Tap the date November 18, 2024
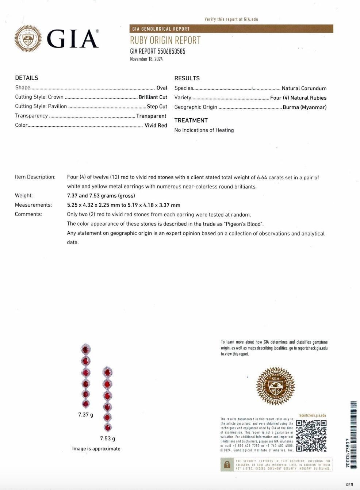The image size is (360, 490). (146, 59)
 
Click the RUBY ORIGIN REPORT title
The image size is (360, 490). (165, 40)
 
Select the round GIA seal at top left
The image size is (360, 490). (28, 39)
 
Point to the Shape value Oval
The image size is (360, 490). (162, 88)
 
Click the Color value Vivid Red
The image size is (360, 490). (156, 125)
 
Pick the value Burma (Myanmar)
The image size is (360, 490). (305, 107)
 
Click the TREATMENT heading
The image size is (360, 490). (191, 120)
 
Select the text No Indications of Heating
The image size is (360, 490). (204, 130)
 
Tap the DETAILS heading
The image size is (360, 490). (27, 78)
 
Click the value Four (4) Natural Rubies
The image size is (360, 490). (298, 98)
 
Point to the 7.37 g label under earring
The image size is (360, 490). (85, 415)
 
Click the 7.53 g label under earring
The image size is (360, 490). (107, 439)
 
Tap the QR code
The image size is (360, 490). (311, 436)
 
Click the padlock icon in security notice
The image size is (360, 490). (227, 464)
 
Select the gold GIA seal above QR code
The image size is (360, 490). (275, 386)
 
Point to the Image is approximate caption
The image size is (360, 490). (96, 449)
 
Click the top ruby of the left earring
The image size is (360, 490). (85, 349)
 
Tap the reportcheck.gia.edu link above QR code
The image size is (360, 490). (312, 416)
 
